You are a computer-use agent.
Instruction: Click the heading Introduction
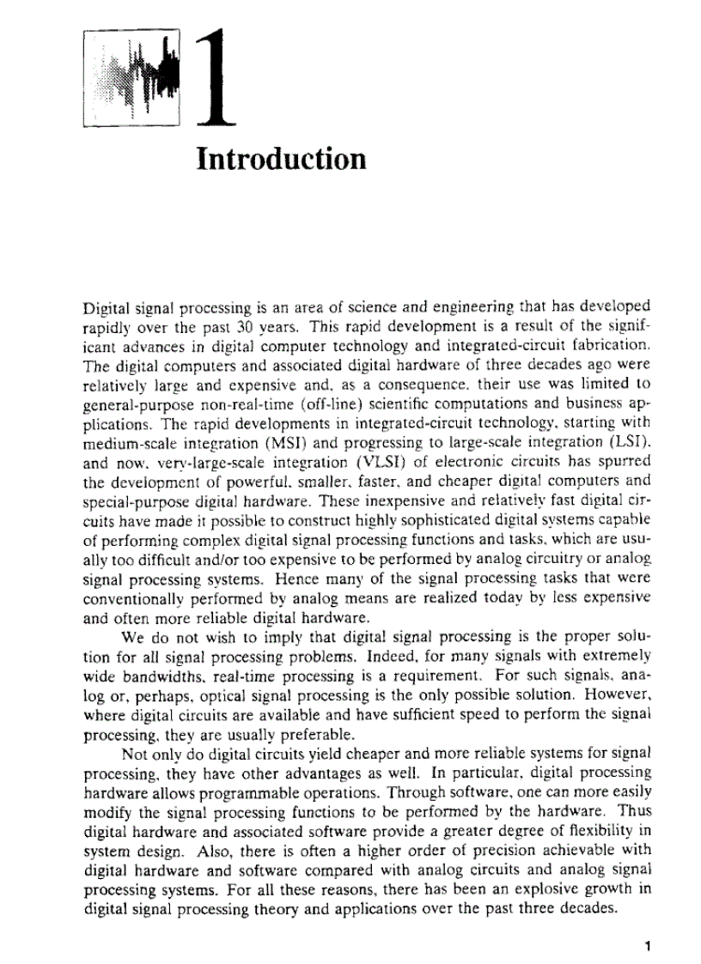point(281,160)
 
